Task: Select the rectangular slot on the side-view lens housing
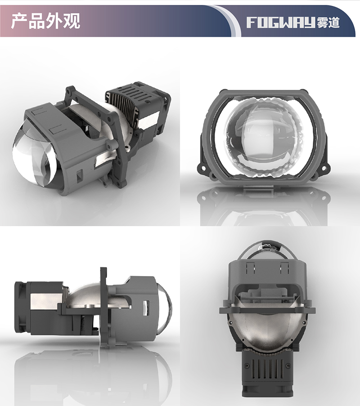tap(145, 307)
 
